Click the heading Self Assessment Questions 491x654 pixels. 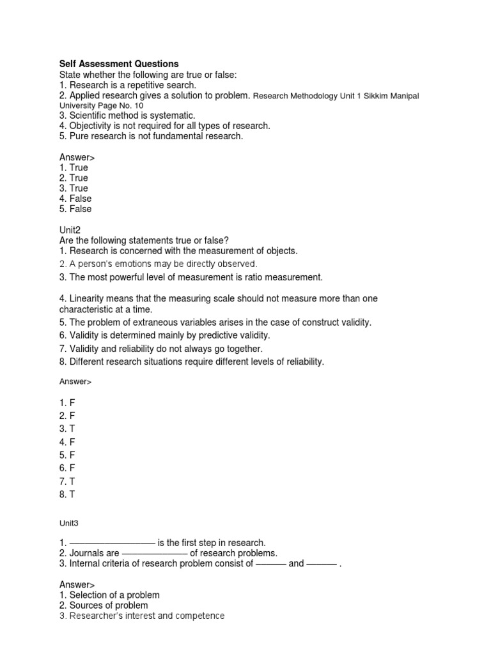click(119, 64)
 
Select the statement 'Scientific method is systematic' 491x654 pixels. click(127, 116)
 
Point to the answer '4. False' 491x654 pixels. click(75, 199)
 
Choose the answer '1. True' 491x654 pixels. click(74, 167)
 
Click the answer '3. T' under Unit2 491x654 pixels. click(67, 428)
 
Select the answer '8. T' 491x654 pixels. click(67, 494)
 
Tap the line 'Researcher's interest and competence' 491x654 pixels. click(142, 616)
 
